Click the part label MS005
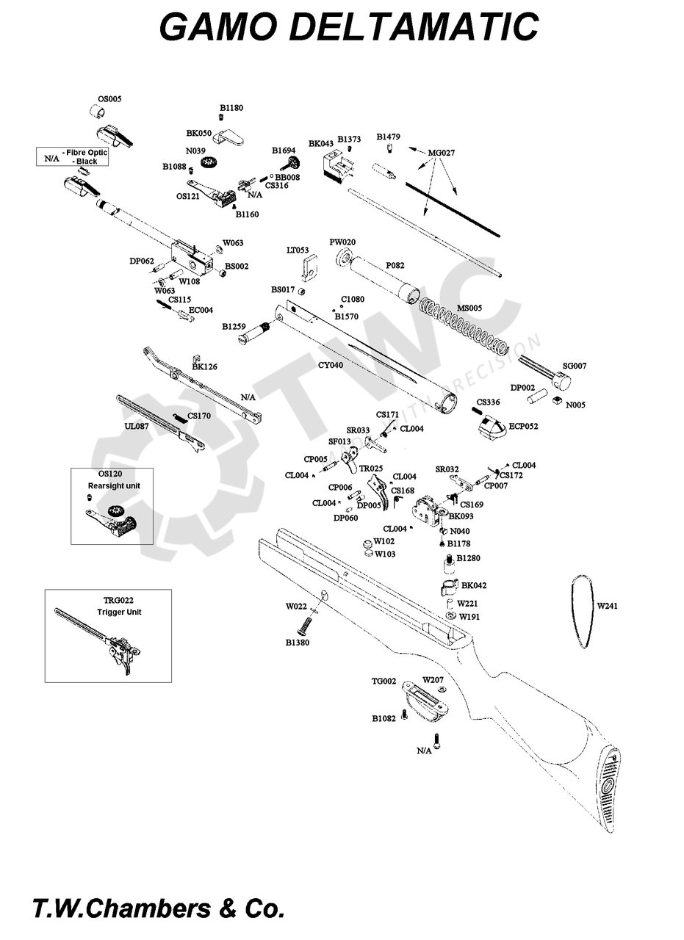[x=469, y=308]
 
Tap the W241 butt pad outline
[x=582, y=610]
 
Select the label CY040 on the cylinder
[x=331, y=365]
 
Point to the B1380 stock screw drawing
[x=304, y=625]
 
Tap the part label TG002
[x=384, y=681]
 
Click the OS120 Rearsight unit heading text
[x=114, y=480]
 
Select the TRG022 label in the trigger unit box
[x=118, y=600]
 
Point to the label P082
[x=395, y=265]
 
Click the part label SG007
[x=575, y=366]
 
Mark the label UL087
[x=137, y=426]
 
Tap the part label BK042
[x=474, y=585]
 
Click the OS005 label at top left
[x=109, y=98]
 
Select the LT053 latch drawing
[x=313, y=265]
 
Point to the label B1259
[x=234, y=326]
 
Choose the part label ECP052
[x=523, y=426]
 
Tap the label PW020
[x=342, y=242]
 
